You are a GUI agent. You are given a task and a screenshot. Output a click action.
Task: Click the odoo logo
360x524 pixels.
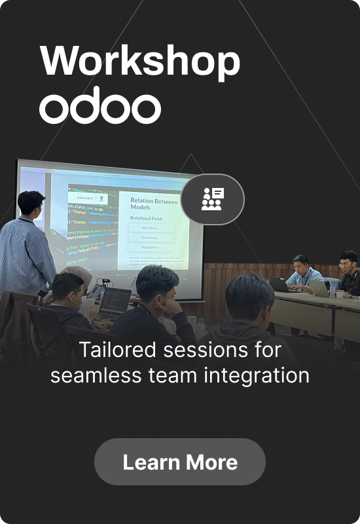pos(99,107)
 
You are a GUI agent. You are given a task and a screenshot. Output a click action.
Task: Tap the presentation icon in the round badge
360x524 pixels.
pos(212,198)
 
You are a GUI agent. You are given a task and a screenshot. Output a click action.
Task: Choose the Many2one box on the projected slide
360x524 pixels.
pos(152,229)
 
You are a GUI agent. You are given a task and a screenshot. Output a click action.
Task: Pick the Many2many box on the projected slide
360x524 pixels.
pos(152,248)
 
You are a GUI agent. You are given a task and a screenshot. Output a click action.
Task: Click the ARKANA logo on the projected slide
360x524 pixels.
pos(85,197)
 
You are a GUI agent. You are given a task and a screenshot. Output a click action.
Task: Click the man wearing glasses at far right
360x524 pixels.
pos(348,270)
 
